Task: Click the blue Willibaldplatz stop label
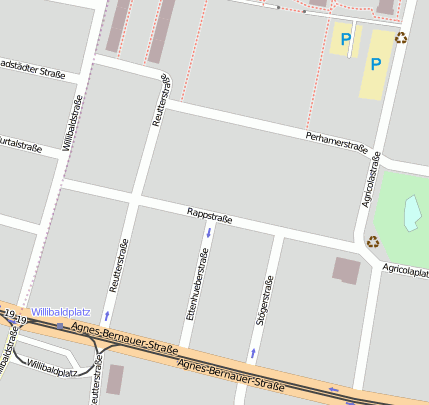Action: pos(61,312)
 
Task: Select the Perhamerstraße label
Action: pos(337,144)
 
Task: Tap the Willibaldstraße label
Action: pos(72,121)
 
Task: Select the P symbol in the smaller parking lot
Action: pos(345,39)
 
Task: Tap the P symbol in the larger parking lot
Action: pos(376,63)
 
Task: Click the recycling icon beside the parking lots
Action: pos(401,38)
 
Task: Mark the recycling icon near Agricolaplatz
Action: pos(373,241)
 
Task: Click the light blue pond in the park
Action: pos(411,211)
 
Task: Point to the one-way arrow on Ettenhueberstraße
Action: pos(208,232)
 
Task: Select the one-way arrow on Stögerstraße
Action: pos(253,353)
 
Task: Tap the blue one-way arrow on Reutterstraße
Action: pos(107,315)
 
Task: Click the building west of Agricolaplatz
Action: pos(346,269)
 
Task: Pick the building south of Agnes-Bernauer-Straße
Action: pos(114,379)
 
